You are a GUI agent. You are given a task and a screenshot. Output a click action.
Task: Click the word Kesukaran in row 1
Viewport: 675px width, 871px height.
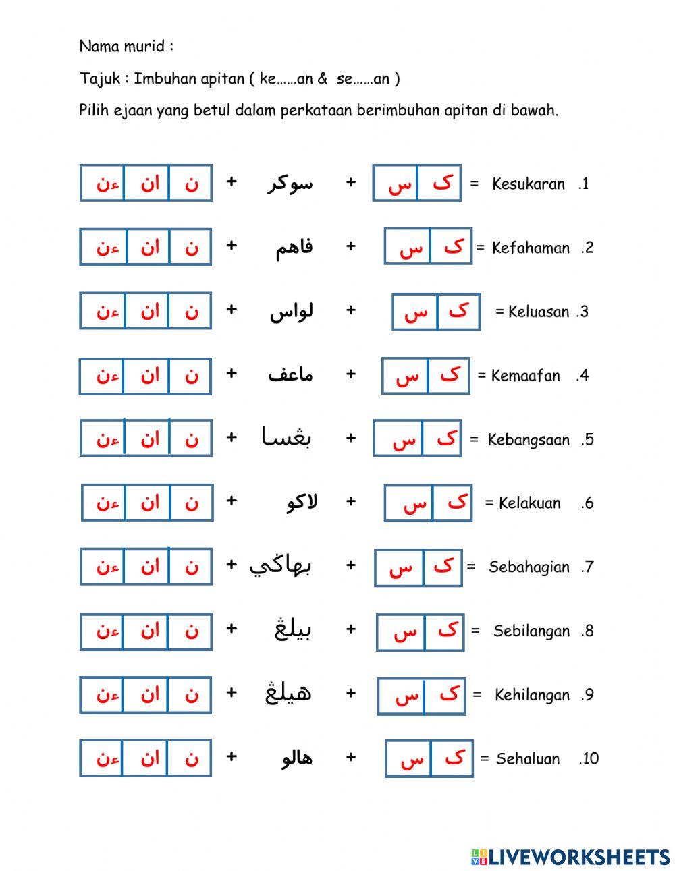coord(528,184)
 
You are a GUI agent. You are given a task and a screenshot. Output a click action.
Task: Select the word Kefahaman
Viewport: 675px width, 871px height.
coord(531,248)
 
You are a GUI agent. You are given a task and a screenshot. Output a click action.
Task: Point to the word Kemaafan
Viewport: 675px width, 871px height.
coord(525,375)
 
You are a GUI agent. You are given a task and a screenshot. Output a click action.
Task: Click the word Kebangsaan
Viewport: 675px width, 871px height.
coord(528,440)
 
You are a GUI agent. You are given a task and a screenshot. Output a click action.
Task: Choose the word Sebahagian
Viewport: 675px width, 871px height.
coord(529,567)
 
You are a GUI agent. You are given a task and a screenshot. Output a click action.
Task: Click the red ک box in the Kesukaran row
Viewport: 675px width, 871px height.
coord(440,183)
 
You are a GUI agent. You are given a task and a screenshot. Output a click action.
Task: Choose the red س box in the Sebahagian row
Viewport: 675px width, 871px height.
coord(400,567)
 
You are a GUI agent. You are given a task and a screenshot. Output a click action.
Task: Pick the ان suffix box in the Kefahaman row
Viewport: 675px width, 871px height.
coord(148,247)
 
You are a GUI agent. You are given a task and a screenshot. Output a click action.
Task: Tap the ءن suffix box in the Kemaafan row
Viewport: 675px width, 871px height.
coord(103,376)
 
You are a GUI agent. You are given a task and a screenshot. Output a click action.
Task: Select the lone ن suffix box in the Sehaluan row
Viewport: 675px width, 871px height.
coord(190,758)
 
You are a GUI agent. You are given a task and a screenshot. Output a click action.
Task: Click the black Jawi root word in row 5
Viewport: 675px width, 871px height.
coord(287,438)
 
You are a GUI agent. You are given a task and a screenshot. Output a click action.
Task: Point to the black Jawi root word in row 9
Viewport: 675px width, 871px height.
coord(288,693)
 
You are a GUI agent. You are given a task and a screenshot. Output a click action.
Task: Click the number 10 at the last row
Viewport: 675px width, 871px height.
coord(589,758)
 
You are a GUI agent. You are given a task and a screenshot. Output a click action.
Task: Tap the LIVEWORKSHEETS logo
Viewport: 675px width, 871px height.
coord(570,857)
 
